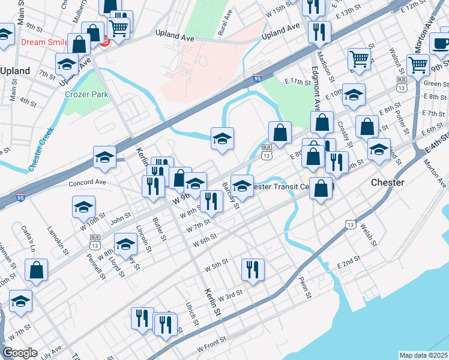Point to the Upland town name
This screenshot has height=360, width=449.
(x=15, y=71)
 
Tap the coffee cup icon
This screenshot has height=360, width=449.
(x=442, y=44)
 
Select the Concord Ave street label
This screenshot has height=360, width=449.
(x=87, y=182)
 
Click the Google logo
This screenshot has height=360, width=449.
(x=20, y=353)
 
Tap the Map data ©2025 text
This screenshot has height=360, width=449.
(x=424, y=355)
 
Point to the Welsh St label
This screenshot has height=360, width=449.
(x=368, y=235)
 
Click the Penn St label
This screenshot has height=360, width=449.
(x=306, y=289)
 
